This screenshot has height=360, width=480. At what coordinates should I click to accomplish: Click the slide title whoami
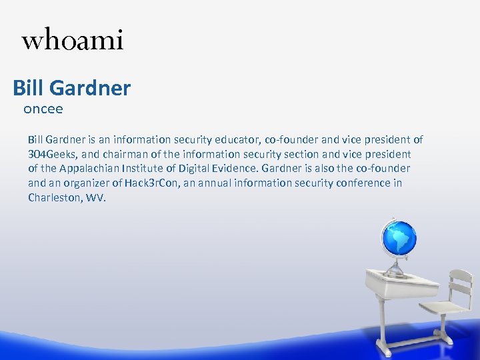[x=72, y=41]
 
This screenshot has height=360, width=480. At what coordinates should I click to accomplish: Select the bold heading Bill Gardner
[x=72, y=87]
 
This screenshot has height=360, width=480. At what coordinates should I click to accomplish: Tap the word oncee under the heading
[x=43, y=108]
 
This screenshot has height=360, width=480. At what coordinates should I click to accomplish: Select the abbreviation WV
[x=97, y=198]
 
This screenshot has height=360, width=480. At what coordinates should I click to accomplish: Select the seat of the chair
[x=443, y=308]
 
